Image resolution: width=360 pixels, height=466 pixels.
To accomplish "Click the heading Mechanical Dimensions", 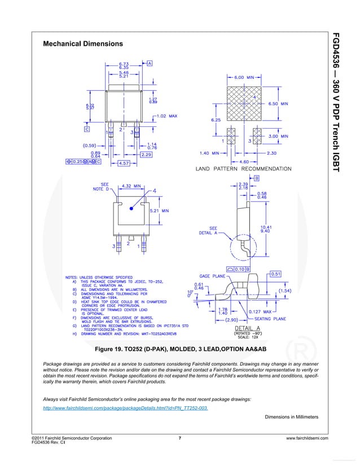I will coord(83,43).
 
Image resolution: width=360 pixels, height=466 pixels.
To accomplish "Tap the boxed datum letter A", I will coord(149,64).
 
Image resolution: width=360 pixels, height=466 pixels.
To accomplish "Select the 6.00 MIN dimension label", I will coord(244,77).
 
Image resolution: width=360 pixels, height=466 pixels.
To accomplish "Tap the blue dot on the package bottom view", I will coord(131,208).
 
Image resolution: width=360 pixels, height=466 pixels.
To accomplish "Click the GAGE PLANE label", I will coord(211,277).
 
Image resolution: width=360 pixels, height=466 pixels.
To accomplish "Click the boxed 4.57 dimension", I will coord(123,164).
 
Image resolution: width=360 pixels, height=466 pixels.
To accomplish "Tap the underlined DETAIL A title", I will coord(247,328).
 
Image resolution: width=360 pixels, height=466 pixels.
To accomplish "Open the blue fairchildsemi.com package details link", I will coord(125,407).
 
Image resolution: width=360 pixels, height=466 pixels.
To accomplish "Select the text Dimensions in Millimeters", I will coord(291,417).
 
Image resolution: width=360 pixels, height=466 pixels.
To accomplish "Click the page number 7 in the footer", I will coord(179,438).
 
